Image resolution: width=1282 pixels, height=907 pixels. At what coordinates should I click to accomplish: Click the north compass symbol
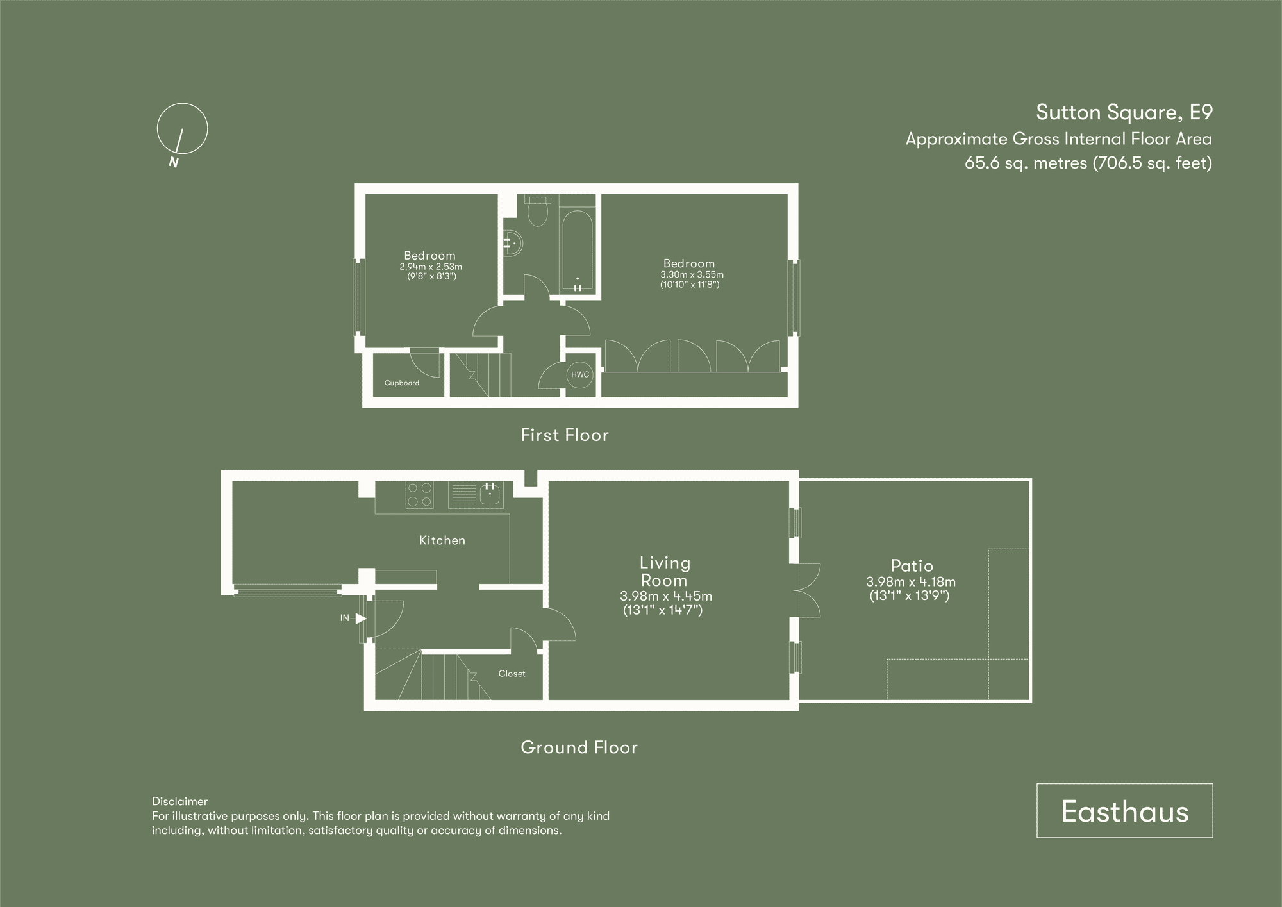pyautogui.click(x=182, y=129)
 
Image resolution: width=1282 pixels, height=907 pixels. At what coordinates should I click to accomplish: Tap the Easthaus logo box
pyautogui.click(x=1124, y=811)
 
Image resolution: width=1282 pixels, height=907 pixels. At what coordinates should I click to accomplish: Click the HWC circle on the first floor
pyautogui.click(x=579, y=375)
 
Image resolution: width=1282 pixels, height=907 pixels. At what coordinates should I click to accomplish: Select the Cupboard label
pyautogui.click(x=402, y=383)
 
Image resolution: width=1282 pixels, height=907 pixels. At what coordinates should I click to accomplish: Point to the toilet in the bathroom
pyautogui.click(x=537, y=211)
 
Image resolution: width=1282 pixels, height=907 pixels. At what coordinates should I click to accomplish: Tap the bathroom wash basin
pyautogui.click(x=513, y=244)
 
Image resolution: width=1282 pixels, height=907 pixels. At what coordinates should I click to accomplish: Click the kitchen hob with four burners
pyautogui.click(x=419, y=495)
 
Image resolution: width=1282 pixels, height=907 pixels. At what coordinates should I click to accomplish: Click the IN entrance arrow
pyautogui.click(x=360, y=619)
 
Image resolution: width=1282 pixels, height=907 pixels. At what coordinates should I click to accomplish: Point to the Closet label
pyautogui.click(x=512, y=674)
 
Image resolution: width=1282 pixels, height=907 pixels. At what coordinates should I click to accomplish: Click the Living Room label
pyautogui.click(x=665, y=571)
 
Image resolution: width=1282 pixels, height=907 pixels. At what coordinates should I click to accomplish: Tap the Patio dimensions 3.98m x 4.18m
pyautogui.click(x=910, y=582)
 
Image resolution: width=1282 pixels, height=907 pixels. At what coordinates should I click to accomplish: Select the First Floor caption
pyautogui.click(x=565, y=435)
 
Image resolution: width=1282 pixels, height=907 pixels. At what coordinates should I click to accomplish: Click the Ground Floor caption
pyautogui.click(x=579, y=747)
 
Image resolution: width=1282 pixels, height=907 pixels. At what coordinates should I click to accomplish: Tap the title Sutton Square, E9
pyautogui.click(x=1124, y=112)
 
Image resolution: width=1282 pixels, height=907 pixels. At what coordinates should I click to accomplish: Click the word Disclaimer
pyautogui.click(x=179, y=801)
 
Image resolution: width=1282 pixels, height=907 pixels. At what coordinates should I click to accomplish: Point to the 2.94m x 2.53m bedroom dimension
pyautogui.click(x=430, y=267)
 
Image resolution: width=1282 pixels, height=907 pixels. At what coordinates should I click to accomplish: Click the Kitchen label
pyautogui.click(x=442, y=540)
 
